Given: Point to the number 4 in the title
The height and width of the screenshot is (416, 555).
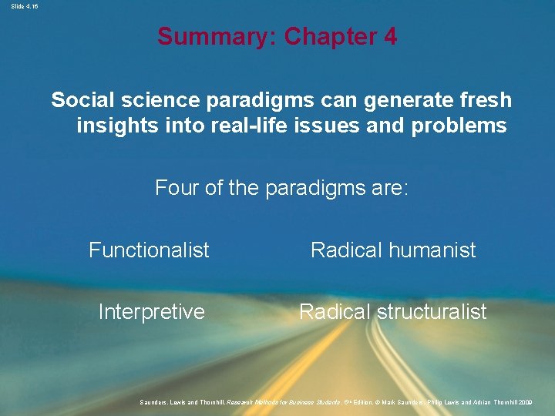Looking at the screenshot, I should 390,36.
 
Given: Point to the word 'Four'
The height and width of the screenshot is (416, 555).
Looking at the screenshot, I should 177,187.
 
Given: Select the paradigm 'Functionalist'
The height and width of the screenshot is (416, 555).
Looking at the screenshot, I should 149,250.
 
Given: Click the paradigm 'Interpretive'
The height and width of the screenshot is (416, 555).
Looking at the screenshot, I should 151,311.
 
